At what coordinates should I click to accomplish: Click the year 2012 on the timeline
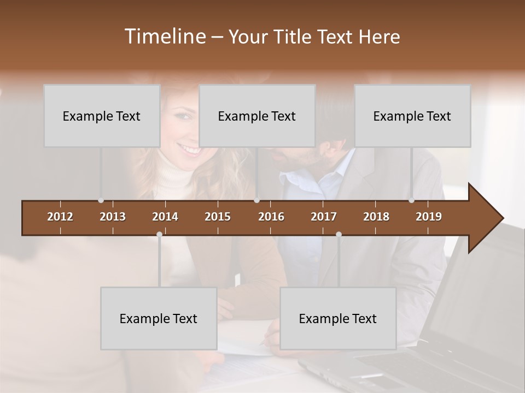60,217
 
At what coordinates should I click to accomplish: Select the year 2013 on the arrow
113,217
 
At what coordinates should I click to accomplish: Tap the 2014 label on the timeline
165,217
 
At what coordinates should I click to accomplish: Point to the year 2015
218,217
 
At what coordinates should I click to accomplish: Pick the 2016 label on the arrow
271,217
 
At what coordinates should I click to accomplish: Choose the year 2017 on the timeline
324,217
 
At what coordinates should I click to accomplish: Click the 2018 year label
376,217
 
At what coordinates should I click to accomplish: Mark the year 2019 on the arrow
429,217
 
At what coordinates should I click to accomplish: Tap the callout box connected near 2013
102,116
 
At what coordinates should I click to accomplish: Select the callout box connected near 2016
257,116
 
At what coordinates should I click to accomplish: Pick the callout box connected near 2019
412,116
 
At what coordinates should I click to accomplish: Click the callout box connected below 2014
159,318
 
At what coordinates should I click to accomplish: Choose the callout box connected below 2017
338,318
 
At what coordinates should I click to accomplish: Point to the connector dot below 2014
159,234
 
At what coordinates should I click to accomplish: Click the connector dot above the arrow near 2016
257,200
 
